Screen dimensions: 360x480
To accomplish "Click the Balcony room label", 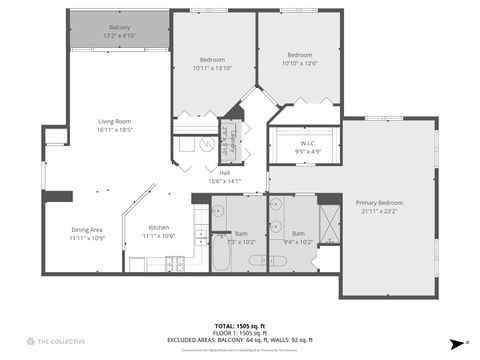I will pyautogui.click(x=119, y=27).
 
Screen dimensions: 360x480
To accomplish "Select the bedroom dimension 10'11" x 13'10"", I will pyautogui.click(x=211, y=68).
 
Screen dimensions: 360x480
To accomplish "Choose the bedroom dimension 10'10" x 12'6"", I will pyautogui.click(x=300, y=63).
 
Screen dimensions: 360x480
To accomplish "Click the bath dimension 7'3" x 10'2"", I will pyautogui.click(x=241, y=242).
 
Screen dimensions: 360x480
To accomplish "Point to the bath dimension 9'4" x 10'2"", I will pyautogui.click(x=298, y=241).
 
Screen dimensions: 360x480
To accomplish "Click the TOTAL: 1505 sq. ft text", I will pyautogui.click(x=239, y=326).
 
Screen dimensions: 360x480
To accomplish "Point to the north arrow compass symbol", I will pyautogui.click(x=457, y=341).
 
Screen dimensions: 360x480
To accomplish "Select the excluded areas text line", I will pyautogui.click(x=239, y=341).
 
